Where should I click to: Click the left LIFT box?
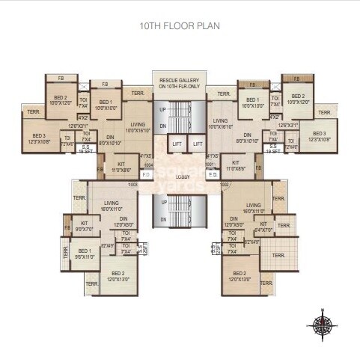(177, 143)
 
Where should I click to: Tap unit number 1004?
(148, 164)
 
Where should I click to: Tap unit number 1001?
(212, 164)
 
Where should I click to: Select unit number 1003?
(134, 184)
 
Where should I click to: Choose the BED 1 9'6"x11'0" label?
(85, 254)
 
